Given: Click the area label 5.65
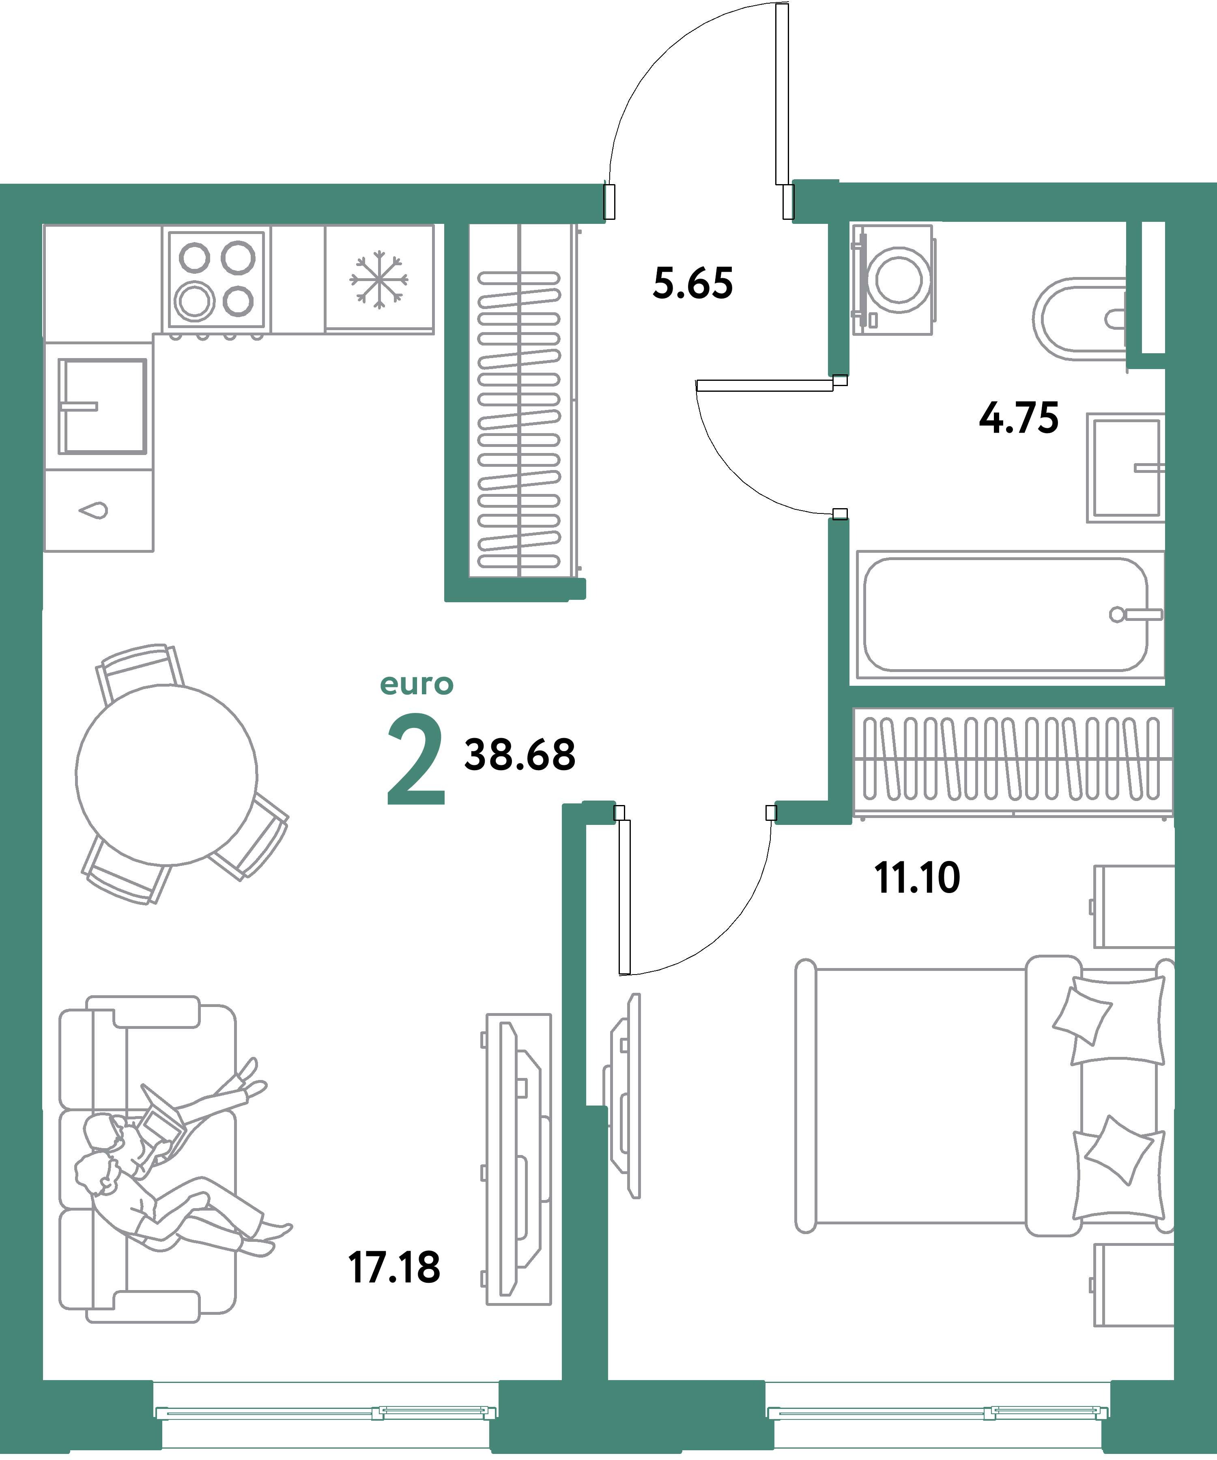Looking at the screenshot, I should [x=692, y=283].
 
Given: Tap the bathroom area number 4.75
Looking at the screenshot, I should [x=1019, y=419].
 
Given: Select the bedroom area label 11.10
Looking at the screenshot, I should [x=916, y=878].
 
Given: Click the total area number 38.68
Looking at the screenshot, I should [x=520, y=755].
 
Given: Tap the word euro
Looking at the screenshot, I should [x=417, y=685].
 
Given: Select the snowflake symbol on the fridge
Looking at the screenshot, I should [x=379, y=279].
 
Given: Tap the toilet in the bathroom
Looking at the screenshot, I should [x=1078, y=318].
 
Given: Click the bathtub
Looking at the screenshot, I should [x=1005, y=614].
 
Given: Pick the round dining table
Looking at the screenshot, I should [x=166, y=775].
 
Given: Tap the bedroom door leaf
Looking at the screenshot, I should [x=624, y=897].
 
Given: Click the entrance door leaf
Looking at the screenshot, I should [x=782, y=94].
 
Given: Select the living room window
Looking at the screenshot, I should [x=325, y=1412].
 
